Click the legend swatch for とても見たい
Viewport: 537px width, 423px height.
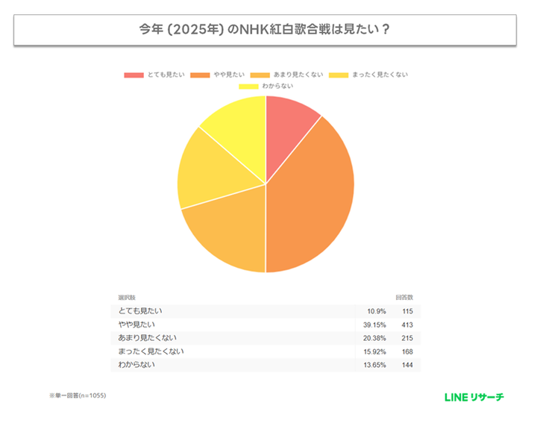tap(134, 75)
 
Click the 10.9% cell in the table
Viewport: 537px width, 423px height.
tap(376, 311)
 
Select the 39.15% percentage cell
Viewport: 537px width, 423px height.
tap(374, 325)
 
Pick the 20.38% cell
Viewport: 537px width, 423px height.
tap(374, 338)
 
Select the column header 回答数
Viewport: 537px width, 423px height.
tap(404, 297)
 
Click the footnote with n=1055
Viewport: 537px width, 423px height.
tap(78, 395)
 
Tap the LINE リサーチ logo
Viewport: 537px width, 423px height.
tap(473, 396)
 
